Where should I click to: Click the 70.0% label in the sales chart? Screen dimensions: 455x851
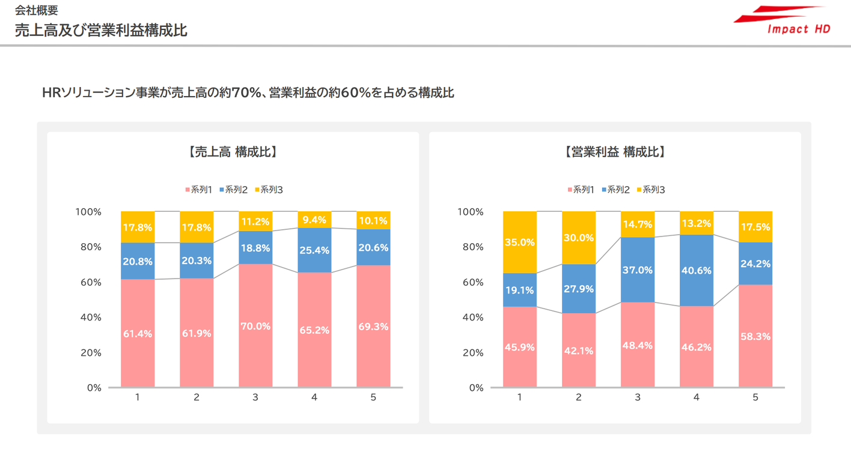click(x=255, y=326)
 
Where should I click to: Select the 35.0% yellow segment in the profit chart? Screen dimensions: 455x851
click(x=520, y=242)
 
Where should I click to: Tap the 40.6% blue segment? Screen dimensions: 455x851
click(x=697, y=270)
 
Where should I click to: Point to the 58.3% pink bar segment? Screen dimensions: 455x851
click(x=755, y=336)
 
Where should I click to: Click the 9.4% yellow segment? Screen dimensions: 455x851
click(x=314, y=220)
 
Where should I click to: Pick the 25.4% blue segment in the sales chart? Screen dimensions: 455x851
click(x=314, y=250)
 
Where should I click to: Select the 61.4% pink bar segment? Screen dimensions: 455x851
click(x=138, y=333)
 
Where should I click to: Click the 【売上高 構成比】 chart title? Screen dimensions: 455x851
click(x=233, y=152)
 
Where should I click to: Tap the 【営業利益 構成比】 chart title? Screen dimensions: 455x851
click(x=615, y=152)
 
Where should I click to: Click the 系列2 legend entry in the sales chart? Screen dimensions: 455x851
click(x=234, y=190)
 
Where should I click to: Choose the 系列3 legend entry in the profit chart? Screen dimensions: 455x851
click(x=650, y=190)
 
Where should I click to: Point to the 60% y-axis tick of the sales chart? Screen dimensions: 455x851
click(x=88, y=282)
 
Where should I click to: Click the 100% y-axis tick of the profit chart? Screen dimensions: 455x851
click(x=471, y=212)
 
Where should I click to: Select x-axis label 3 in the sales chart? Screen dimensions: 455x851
click(x=255, y=397)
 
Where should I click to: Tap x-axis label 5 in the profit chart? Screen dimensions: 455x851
click(x=755, y=397)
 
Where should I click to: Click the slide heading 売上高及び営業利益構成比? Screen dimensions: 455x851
click(x=101, y=31)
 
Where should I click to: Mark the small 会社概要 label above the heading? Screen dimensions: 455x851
click(x=37, y=10)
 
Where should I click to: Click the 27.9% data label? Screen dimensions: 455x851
click(x=579, y=289)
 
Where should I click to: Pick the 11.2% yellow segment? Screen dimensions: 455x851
click(x=255, y=221)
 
